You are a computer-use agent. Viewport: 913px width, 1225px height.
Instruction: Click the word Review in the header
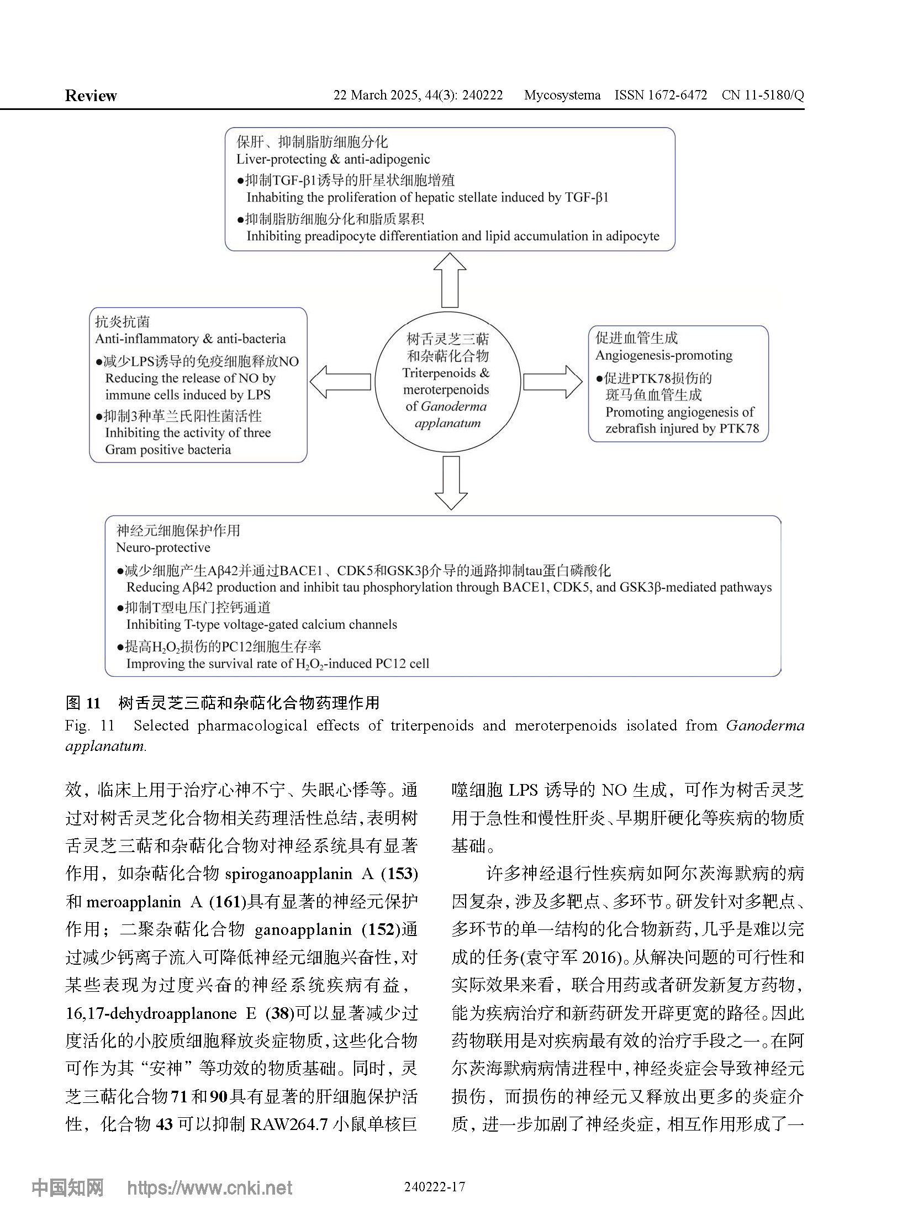tap(91, 96)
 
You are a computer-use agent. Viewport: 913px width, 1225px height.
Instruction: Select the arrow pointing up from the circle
tap(450, 280)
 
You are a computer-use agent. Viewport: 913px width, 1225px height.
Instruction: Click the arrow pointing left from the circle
tap(340, 381)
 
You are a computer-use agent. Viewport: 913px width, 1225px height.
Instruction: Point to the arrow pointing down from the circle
tap(451, 482)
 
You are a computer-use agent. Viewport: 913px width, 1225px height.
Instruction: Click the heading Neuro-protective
tap(163, 547)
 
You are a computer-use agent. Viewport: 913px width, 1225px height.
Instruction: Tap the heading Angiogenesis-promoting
tap(664, 355)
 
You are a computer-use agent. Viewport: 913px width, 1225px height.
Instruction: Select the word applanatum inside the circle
tap(447, 423)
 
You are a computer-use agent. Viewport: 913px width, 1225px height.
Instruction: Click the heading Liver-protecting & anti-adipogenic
tap(333, 159)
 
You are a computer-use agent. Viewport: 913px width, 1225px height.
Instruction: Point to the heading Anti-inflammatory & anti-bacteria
tap(190, 338)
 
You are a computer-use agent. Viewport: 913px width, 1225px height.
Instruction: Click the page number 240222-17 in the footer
tap(434, 1186)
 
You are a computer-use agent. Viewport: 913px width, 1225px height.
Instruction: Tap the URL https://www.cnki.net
tap(209, 1187)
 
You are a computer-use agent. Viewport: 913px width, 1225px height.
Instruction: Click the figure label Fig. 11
tap(89, 725)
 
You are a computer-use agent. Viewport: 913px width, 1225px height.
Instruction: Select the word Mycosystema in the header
tap(562, 95)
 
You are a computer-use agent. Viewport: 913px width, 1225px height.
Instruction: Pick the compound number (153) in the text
tap(399, 874)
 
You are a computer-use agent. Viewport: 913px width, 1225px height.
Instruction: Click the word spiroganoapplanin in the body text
tap(288, 874)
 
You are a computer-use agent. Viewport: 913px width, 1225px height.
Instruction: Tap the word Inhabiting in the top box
tap(275, 197)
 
